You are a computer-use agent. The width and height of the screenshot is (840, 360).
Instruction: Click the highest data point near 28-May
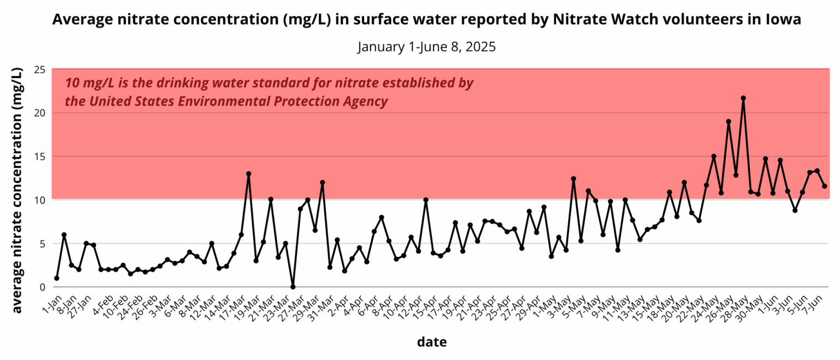pos(743,98)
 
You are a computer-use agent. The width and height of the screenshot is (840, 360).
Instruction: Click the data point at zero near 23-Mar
pos(293,287)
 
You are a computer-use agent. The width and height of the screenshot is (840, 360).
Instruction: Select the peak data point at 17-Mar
pos(249,173)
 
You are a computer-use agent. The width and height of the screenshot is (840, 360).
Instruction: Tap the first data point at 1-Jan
pos(57,278)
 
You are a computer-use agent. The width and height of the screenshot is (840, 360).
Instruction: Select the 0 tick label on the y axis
pos(42,287)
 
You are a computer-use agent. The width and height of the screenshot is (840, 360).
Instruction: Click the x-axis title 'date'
pos(431,342)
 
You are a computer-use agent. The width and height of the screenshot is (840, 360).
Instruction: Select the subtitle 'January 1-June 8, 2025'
pos(427,47)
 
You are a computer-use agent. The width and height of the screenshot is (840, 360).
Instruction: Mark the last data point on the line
pos(824,186)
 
